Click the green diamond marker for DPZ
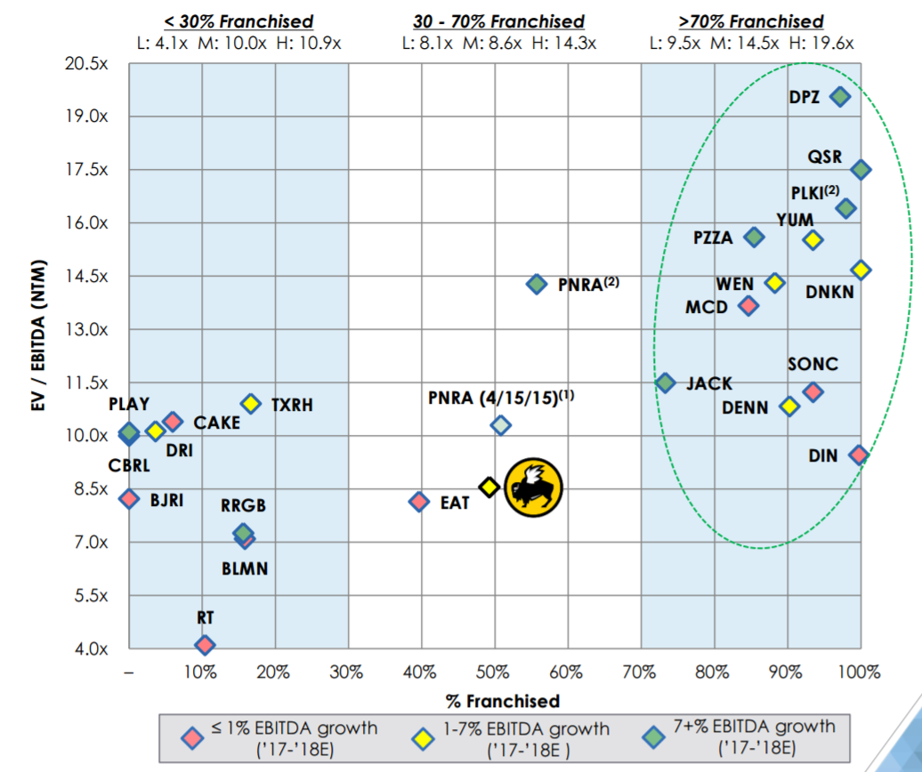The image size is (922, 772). (x=839, y=97)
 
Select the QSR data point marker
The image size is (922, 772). (x=861, y=170)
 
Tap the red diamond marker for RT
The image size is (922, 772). (x=205, y=645)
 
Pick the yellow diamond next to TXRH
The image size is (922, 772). (x=251, y=404)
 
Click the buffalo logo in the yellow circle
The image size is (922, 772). (x=534, y=487)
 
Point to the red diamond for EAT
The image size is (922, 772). (x=418, y=502)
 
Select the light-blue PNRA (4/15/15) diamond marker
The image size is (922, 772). (x=501, y=425)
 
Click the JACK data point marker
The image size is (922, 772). (x=665, y=382)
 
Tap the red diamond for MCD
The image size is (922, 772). (x=748, y=306)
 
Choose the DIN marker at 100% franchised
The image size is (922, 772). (x=858, y=454)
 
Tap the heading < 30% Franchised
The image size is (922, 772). (x=238, y=21)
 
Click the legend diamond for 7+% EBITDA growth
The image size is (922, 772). (x=654, y=737)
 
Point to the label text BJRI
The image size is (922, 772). (x=166, y=500)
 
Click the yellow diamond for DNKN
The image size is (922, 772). (x=861, y=269)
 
